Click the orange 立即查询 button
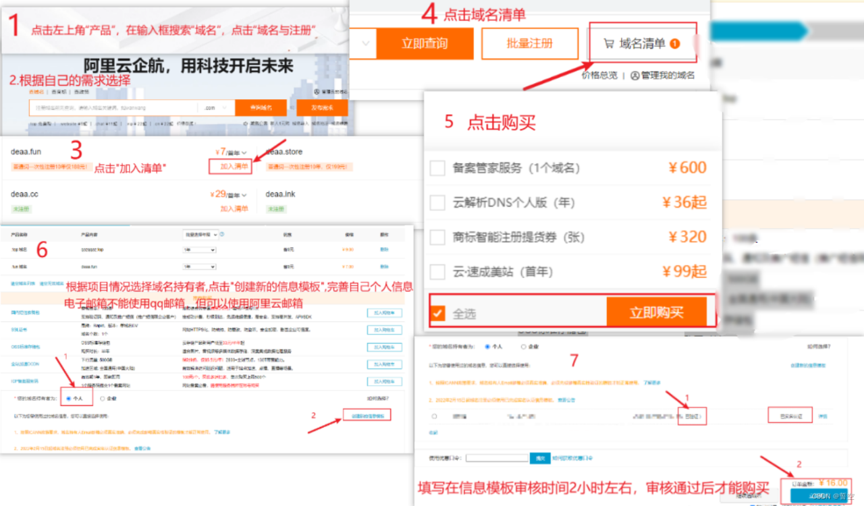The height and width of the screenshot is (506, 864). click(424, 44)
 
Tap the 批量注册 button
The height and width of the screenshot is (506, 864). click(530, 44)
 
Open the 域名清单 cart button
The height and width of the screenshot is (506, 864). click(642, 44)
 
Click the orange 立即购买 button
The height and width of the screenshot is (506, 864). click(656, 312)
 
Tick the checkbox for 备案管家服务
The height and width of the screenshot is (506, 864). click(437, 168)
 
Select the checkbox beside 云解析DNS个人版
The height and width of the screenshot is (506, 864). click(437, 202)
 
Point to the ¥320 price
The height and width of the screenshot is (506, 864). click(687, 237)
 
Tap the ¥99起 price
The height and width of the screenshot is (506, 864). click(684, 271)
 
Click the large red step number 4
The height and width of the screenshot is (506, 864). click(429, 14)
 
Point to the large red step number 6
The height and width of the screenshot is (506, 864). click(42, 250)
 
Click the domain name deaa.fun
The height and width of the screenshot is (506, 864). click(26, 152)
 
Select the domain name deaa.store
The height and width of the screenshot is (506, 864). click(283, 152)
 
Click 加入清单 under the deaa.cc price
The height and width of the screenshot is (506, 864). click(234, 209)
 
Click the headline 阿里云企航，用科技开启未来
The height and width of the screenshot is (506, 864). click(188, 65)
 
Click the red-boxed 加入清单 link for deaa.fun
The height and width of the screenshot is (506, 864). click(234, 166)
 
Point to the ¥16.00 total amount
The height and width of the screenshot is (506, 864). click(832, 483)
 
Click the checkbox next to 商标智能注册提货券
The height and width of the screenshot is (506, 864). click(437, 237)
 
